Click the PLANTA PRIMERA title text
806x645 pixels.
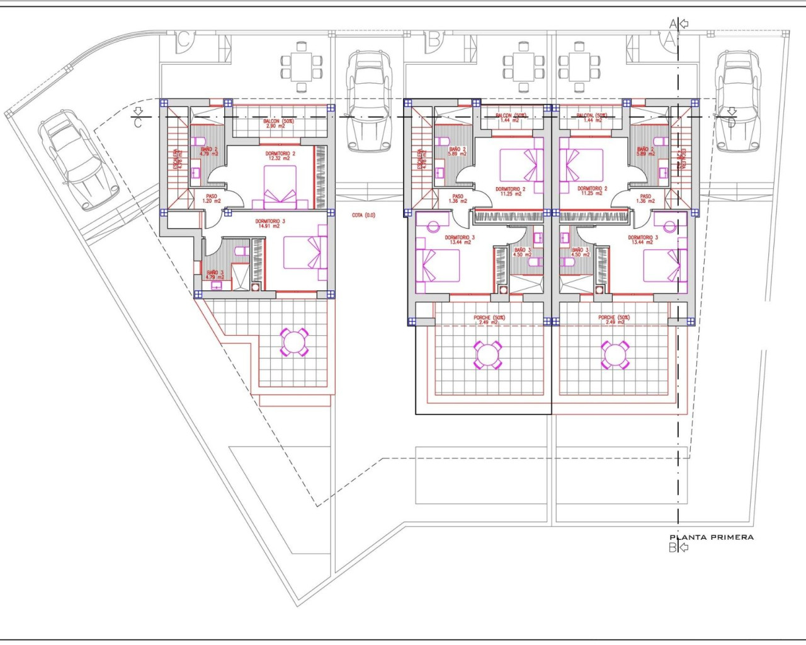coord(711,537)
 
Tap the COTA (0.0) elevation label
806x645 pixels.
coord(363,215)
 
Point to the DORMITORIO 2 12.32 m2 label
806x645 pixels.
coord(277,156)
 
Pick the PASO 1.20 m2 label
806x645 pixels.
coord(212,198)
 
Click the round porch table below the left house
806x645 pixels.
coord(293,342)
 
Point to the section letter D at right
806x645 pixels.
coord(731,122)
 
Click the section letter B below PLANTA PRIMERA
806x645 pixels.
coord(672,548)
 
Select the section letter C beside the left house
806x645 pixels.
coord(138,123)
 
